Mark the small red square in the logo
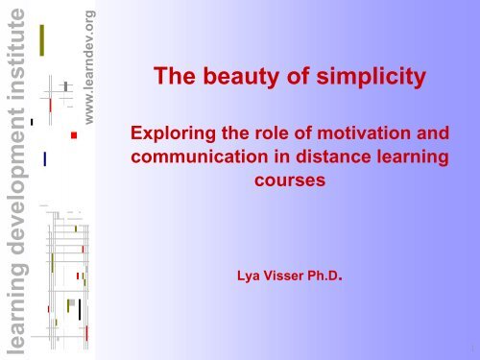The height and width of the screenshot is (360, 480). (73, 135)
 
